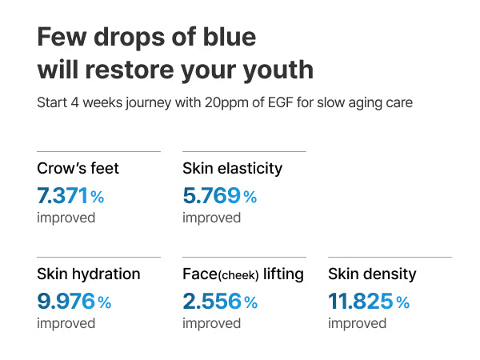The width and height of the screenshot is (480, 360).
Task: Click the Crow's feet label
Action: pos(78,168)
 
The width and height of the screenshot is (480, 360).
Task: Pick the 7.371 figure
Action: pos(62,196)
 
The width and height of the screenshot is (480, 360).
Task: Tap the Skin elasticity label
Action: pos(232,169)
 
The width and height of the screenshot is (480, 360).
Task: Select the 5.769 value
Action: pos(211,196)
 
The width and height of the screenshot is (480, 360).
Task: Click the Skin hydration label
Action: pos(89,274)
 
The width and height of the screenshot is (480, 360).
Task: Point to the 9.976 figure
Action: pos(66,302)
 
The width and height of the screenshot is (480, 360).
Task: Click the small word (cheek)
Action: pos(238,275)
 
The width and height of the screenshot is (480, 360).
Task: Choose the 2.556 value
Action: pos(212,302)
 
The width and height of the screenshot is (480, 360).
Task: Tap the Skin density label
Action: pos(372,274)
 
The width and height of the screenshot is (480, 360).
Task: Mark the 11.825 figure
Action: pos(360,302)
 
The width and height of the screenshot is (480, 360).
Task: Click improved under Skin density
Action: pos(358,323)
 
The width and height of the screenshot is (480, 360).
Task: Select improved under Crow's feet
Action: pos(66,218)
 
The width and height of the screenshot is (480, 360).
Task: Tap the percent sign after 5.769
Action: pos(250,197)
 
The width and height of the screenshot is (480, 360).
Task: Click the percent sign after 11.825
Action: pos(403,302)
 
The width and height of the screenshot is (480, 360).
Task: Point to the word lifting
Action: pos(283,274)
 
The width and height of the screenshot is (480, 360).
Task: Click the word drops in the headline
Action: pos(130,38)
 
